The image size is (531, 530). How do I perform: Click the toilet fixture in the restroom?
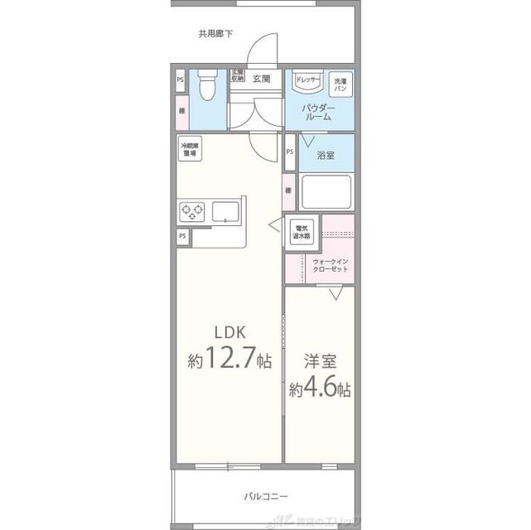(x=208, y=84)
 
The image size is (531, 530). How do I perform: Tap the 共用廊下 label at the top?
(x=215, y=34)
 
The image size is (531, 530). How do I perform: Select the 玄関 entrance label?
(x=262, y=79)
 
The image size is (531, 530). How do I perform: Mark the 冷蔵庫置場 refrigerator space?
(x=190, y=149)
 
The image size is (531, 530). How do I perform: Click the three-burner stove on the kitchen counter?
(x=192, y=210)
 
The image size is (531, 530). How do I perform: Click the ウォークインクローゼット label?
(x=331, y=266)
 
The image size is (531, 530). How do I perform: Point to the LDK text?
(x=230, y=332)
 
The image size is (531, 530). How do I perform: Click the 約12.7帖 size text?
(x=229, y=361)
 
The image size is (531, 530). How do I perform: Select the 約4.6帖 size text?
(x=319, y=388)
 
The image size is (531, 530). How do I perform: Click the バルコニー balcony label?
(x=265, y=496)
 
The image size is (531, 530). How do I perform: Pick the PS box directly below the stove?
(x=181, y=236)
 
